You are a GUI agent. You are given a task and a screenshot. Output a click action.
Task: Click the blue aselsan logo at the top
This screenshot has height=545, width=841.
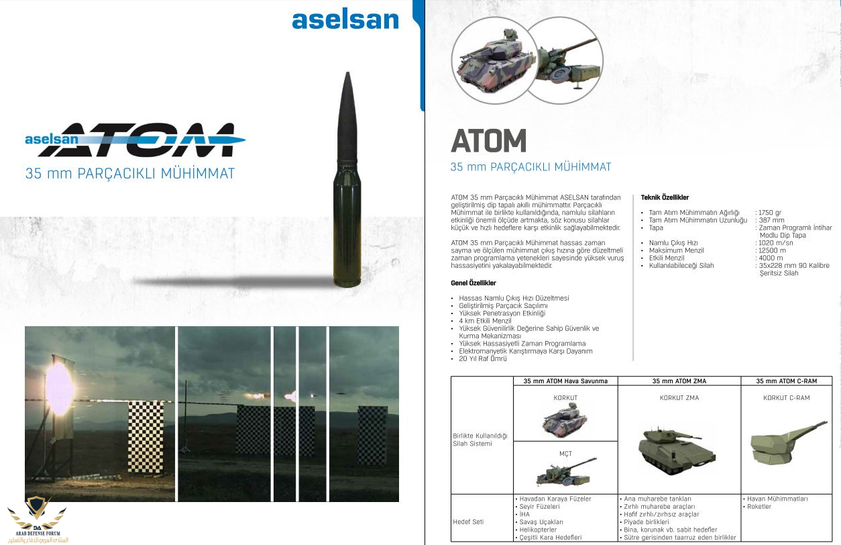[345, 20]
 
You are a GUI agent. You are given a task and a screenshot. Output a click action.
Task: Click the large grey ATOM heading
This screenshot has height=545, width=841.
[488, 140]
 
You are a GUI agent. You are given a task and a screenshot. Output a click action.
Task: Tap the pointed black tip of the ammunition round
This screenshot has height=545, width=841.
[347, 74]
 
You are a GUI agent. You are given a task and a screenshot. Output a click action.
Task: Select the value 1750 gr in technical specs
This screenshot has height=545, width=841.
[770, 212]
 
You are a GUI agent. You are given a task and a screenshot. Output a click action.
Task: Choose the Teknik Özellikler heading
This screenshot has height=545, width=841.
[665, 197]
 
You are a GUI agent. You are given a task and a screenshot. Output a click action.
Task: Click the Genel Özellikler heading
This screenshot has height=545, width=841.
[473, 283]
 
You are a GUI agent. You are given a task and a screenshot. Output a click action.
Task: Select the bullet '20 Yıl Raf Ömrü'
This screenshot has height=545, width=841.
[482, 358]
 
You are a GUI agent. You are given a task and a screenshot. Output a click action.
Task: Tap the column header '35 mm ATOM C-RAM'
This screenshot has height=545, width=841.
[786, 381]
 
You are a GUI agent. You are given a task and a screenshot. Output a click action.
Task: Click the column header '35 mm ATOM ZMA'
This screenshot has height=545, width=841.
[679, 381]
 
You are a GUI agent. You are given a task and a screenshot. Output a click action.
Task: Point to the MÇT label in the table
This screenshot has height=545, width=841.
[565, 454]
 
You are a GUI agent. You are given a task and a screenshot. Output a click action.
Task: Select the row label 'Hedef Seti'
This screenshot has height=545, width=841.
[468, 522]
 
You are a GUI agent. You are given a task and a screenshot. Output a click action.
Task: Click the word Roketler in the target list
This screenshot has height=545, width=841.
[759, 507]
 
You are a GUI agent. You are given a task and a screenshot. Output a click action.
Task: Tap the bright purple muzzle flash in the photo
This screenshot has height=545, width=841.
[59, 387]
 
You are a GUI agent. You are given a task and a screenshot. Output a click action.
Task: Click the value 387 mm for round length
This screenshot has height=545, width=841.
[771, 220]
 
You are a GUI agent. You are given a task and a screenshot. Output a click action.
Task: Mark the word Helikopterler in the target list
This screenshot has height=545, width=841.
[538, 530]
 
